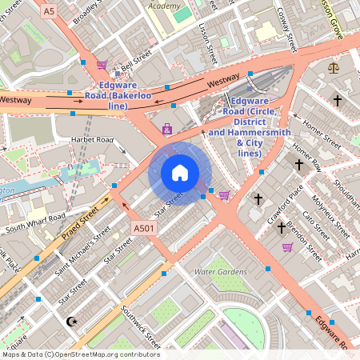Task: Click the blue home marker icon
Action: (180, 173)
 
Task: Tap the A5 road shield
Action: (50, 10)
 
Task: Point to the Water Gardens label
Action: (221, 272)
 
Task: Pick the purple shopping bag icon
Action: (166, 129)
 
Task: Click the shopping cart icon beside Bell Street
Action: (102, 65)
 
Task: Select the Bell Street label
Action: (134, 61)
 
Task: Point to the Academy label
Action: (164, 5)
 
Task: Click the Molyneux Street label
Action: (328, 216)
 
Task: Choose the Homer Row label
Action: (306, 156)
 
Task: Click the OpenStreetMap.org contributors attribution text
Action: (104, 354)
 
